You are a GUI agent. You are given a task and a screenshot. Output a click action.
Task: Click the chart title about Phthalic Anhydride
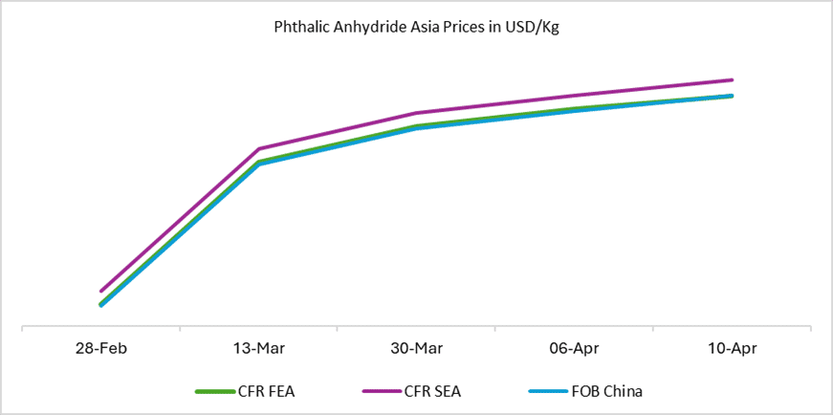click(x=416, y=28)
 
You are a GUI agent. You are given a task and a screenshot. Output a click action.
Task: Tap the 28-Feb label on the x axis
click(x=100, y=348)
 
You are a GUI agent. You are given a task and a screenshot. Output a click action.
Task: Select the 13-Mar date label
click(x=258, y=348)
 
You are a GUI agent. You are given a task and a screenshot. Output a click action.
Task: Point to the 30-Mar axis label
click(x=416, y=348)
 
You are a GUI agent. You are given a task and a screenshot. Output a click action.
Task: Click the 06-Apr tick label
click(x=575, y=348)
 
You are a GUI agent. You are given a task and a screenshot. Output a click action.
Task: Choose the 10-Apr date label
click(x=733, y=348)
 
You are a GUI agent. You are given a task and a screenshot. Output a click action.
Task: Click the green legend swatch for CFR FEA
click(x=213, y=391)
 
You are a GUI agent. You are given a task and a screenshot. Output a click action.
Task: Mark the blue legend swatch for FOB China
click(x=548, y=391)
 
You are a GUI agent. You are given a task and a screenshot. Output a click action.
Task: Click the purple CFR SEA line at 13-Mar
click(x=258, y=149)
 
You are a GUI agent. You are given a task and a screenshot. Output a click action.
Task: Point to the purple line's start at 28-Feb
click(x=100, y=291)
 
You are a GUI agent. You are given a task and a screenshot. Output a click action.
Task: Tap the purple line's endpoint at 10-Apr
click(x=733, y=80)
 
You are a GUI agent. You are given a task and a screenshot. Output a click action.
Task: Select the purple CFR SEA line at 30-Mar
click(x=416, y=113)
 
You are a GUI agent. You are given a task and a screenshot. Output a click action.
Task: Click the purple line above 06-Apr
click(x=575, y=96)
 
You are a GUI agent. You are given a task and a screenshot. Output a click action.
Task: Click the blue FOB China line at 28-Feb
click(x=101, y=305)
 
